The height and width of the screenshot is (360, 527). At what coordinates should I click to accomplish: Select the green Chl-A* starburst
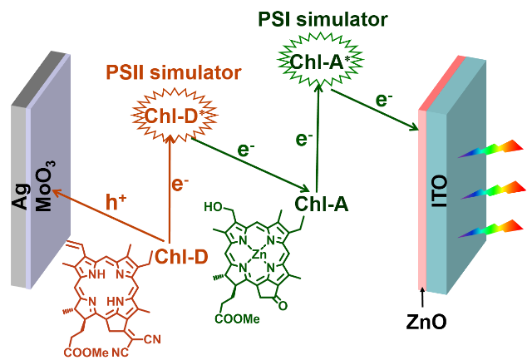[x=321, y=59]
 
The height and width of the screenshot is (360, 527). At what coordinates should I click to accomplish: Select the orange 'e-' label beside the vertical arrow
[x=179, y=184]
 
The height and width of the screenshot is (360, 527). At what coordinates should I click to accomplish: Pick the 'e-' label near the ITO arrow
[x=383, y=101]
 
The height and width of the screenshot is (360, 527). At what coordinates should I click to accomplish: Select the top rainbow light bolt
[x=488, y=150]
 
